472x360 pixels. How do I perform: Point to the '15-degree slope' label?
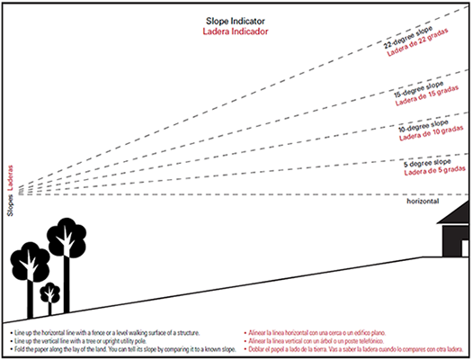point(420,90)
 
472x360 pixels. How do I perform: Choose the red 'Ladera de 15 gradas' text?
point(426,102)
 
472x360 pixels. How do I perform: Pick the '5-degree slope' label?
point(430,162)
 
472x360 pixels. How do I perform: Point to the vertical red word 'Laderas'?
point(10,175)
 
